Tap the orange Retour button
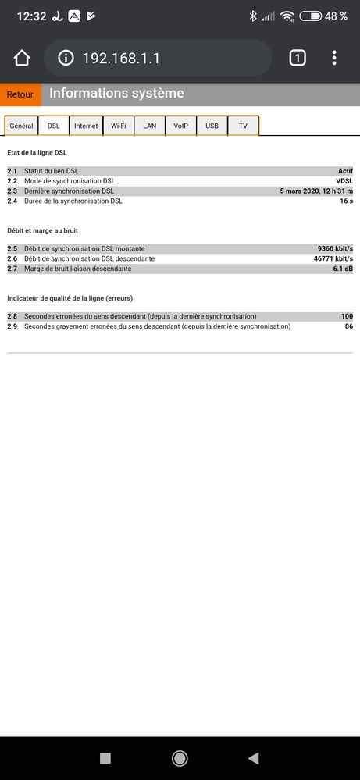(x=20, y=94)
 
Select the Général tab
(x=22, y=126)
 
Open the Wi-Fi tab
(x=118, y=126)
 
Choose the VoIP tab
(x=180, y=126)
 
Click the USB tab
(x=212, y=126)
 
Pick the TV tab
(x=243, y=126)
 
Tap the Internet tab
(x=86, y=126)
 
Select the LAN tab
(x=149, y=126)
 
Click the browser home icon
(x=22, y=58)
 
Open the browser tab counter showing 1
(x=297, y=58)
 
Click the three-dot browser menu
(x=334, y=58)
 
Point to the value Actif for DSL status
(x=345, y=170)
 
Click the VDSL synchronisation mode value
(x=344, y=180)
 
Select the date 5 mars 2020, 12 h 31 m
(x=316, y=191)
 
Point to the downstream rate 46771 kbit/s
(x=333, y=258)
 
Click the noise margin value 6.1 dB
(x=343, y=269)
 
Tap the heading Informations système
(x=116, y=94)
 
